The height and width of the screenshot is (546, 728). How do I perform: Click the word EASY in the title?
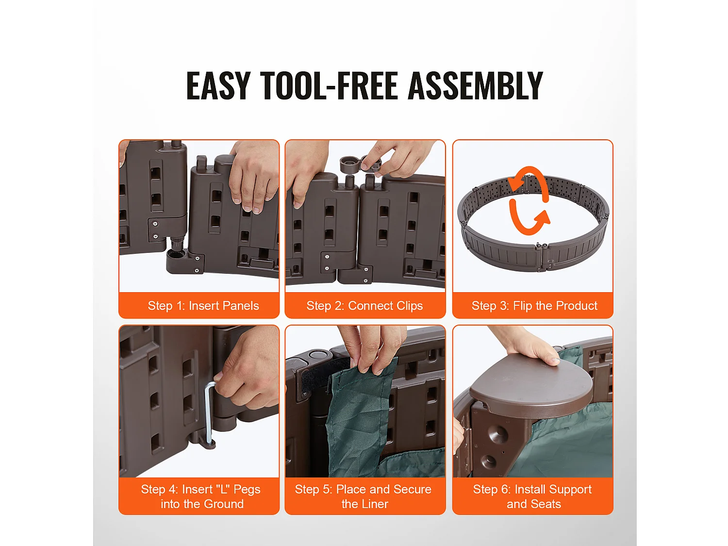218,85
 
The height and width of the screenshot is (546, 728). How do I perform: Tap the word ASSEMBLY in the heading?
475,85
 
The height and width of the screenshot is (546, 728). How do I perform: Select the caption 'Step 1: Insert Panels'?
203,306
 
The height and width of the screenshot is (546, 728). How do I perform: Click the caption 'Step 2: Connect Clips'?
364,306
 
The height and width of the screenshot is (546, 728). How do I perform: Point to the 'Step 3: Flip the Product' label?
534,306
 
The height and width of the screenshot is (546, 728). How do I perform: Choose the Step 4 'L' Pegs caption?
201,496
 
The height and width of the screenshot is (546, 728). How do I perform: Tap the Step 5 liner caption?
363,496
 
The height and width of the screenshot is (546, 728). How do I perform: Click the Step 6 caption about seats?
532,496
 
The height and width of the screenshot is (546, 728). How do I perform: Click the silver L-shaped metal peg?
209,413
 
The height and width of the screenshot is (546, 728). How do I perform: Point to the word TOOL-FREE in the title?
329,85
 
